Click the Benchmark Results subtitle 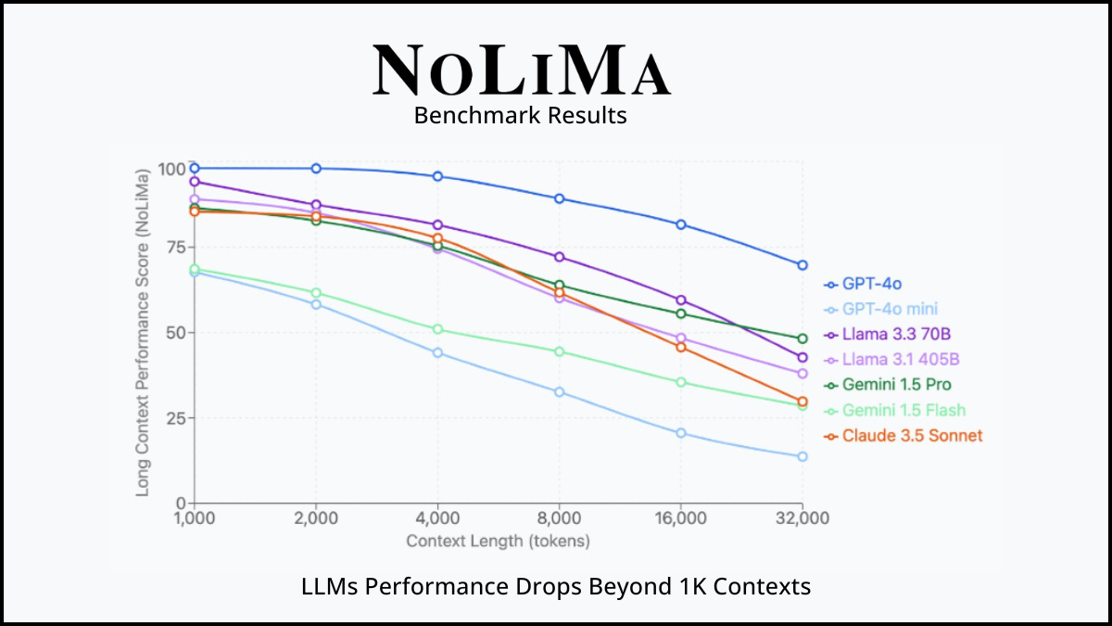[x=520, y=116]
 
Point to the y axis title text [x=144, y=332]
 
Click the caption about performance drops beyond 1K [x=556, y=586]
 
